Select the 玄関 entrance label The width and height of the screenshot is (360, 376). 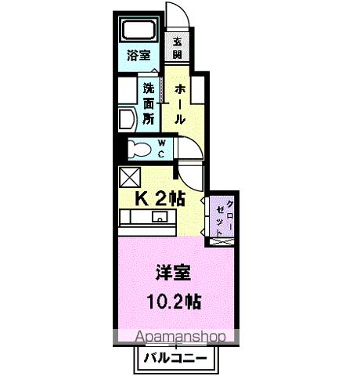[177, 48]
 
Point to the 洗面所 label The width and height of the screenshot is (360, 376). [147, 99]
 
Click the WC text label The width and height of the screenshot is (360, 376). [161, 147]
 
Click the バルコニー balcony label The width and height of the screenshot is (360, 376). [175, 359]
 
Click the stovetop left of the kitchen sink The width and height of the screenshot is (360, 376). [134, 217]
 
